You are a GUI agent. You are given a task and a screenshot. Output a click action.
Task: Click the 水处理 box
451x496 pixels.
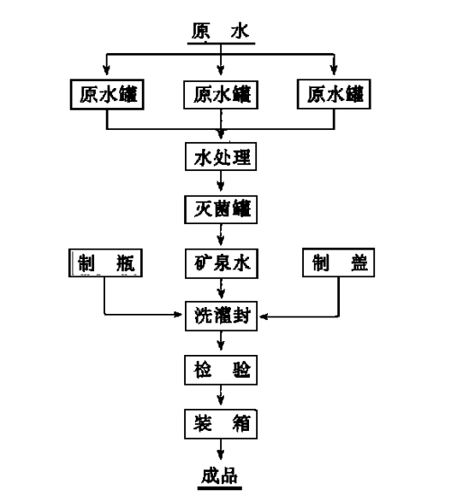coord(222,157)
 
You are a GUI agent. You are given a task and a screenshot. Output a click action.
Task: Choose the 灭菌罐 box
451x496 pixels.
coord(222,208)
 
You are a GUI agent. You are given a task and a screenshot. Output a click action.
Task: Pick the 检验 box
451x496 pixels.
coord(222,369)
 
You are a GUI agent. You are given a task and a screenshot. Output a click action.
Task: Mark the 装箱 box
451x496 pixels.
coord(222,422)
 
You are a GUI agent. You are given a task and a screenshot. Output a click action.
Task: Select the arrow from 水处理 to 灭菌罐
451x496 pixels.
coord(223,182)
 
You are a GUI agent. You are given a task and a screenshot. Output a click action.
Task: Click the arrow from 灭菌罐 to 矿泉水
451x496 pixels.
coord(223,235)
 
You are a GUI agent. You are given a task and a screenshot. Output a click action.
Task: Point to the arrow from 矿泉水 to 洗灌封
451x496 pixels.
coord(223,289)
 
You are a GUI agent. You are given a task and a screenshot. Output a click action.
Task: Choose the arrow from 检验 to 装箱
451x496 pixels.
coord(223,396)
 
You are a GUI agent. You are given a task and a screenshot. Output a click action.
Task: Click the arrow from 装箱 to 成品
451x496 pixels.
coord(223,449)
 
